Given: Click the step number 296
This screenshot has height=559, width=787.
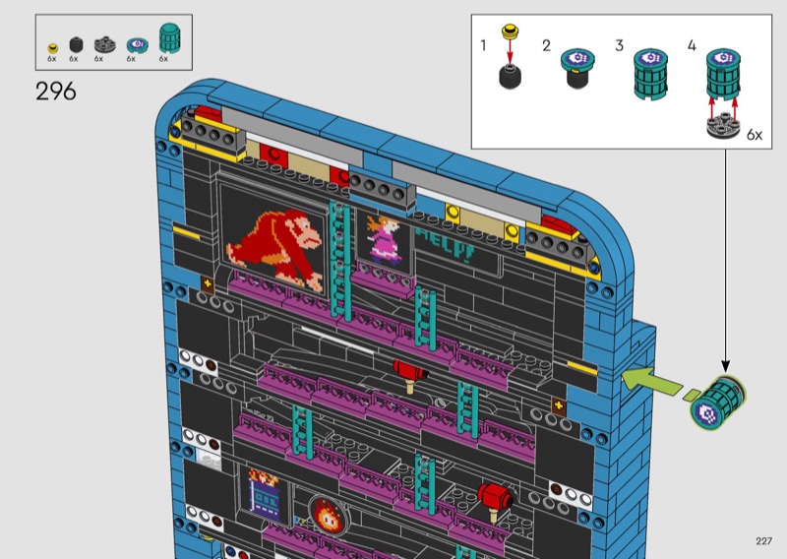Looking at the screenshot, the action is coord(56,92).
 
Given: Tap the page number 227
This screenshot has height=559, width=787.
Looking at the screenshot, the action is coord(763,541).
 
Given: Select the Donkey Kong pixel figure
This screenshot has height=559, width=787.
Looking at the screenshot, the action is coord(274,250).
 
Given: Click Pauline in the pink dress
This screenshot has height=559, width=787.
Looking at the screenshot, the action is coord(385,239).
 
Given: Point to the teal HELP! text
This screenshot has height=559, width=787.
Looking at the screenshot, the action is coord(446,245).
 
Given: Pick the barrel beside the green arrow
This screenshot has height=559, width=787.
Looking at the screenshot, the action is coord(718,402).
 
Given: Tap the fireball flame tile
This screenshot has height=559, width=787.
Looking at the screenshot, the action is coord(327,515).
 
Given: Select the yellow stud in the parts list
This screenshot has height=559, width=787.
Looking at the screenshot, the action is coord(53,48).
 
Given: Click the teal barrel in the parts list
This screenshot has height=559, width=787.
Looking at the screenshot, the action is coord(169,38).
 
